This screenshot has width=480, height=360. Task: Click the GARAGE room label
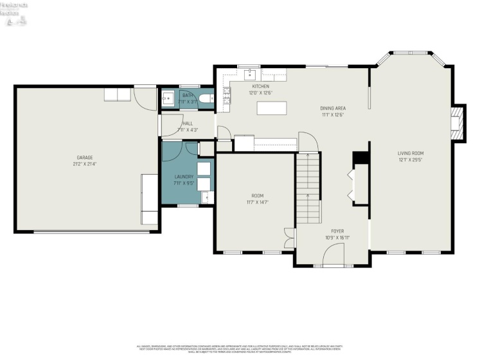tap(85, 157)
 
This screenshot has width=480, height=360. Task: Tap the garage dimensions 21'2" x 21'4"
tap(85, 164)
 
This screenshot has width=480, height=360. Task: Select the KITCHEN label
tap(260, 86)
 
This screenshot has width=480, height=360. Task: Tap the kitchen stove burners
tap(227, 96)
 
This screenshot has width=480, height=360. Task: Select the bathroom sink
tap(168, 99)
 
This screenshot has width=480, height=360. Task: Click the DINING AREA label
tap(333, 109)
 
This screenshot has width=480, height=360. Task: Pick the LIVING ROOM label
tap(410, 153)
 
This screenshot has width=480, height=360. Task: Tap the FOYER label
tap(337, 231)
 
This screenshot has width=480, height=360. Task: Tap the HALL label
tap(188, 123)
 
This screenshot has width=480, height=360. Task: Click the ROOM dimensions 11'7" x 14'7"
tap(257, 203)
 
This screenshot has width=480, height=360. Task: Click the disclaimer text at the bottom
tap(240, 348)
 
